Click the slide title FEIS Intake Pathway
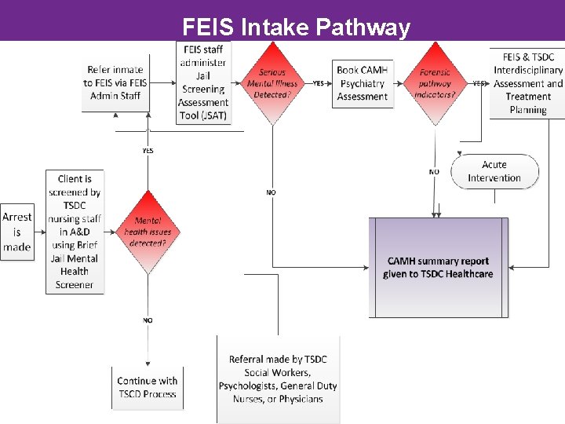pyautogui.click(x=296, y=28)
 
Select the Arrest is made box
pyautogui.click(x=16, y=232)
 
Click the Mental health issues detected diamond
pyautogui.click(x=148, y=232)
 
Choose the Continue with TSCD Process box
pyautogui.click(x=148, y=387)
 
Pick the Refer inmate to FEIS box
pyautogui.click(x=115, y=82)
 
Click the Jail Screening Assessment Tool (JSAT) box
pyautogui.click(x=202, y=82)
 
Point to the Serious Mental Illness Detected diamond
pyautogui.click(x=272, y=82)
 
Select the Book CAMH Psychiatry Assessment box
pyautogui.click(x=362, y=83)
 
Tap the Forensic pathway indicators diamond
pyautogui.click(x=436, y=83)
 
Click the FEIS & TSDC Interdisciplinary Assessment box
pyautogui.click(x=527, y=82)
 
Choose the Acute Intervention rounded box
pyautogui.click(x=494, y=171)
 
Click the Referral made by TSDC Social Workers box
pyautogui.click(x=278, y=379)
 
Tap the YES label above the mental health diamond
pyautogui.click(x=148, y=150)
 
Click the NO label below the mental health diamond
pyautogui.click(x=148, y=320)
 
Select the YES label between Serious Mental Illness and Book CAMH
pyautogui.click(x=318, y=83)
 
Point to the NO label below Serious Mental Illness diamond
pyautogui.click(x=272, y=192)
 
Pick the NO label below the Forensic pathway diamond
pyautogui.click(x=434, y=172)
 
